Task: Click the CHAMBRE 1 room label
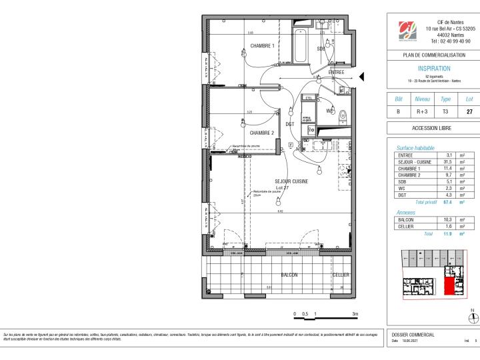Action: (x=262, y=46)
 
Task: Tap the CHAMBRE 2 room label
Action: (x=262, y=133)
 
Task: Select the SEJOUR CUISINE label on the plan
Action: (x=291, y=181)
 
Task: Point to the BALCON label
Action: (x=289, y=275)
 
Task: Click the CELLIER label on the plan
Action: (x=341, y=275)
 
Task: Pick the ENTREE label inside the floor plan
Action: (x=336, y=72)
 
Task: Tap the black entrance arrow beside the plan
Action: (x=362, y=79)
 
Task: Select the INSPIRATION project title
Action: (x=433, y=69)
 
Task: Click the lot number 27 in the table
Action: (x=469, y=112)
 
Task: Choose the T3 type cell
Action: (x=446, y=112)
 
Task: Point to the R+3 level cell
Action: (x=422, y=112)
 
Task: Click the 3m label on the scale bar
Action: (x=355, y=313)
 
